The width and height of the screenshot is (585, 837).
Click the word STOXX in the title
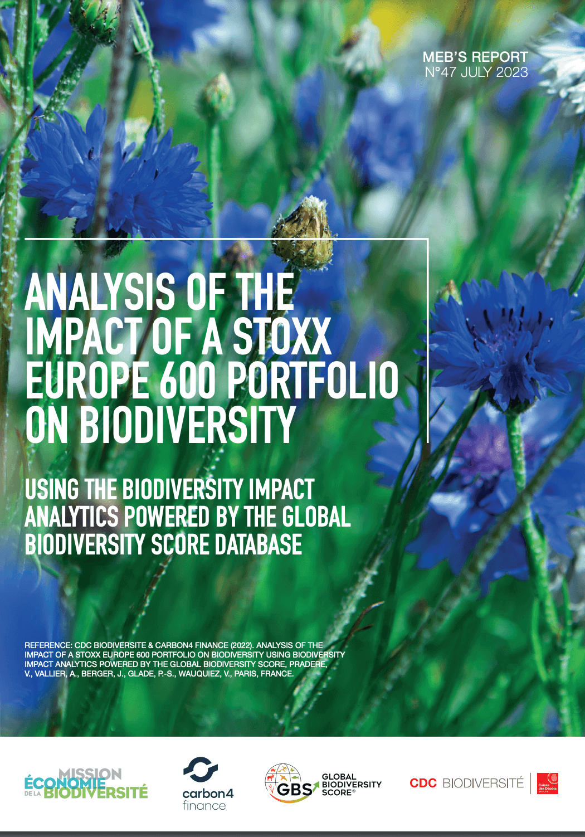pyautogui.click(x=282, y=337)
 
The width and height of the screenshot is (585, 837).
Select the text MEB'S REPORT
pyautogui.click(x=475, y=57)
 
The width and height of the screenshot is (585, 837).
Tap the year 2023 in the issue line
pyautogui.click(x=511, y=72)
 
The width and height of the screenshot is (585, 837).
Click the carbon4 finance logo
pyautogui.click(x=207, y=783)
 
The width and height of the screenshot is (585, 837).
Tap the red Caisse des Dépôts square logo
pyautogui.click(x=547, y=783)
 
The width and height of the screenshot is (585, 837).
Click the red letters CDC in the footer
pyautogui.click(x=423, y=783)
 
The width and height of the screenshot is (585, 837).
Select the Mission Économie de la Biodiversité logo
pyautogui.click(x=86, y=784)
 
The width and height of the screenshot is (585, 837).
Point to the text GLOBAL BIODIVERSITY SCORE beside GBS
pyautogui.click(x=351, y=785)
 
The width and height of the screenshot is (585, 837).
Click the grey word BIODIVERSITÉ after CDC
pyautogui.click(x=482, y=783)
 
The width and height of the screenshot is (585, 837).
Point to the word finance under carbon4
pyautogui.click(x=204, y=806)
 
